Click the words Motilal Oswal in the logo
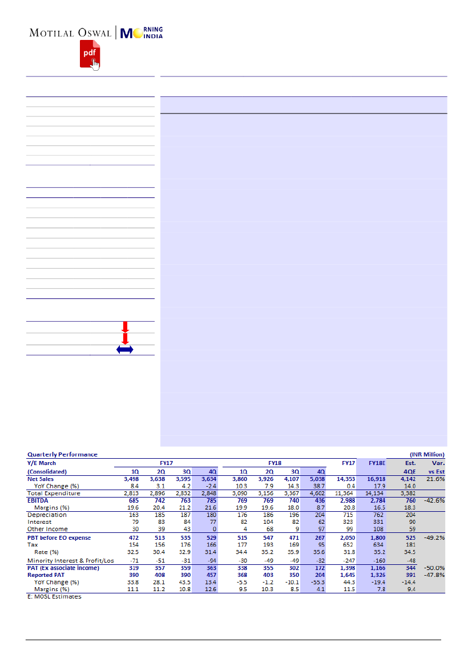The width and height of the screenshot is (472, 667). click(70, 33)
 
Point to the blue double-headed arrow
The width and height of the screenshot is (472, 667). click(125, 350)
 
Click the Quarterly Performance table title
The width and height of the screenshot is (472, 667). click(62, 455)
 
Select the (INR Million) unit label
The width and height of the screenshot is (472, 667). click(427, 455)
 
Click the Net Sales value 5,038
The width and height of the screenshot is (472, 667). click(316, 479)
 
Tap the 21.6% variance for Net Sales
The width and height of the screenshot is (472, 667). click(434, 479)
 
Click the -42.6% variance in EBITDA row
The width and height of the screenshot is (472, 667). click(434, 500)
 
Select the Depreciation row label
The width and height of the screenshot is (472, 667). click(46, 515)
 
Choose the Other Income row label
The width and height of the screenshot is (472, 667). click(48, 529)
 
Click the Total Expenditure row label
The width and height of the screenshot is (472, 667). click(54, 494)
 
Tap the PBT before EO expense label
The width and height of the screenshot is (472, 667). click(59, 538)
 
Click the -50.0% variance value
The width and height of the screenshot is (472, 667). click(434, 568)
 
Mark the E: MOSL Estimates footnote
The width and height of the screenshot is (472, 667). click(54, 597)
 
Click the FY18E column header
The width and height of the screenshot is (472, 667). click(377, 463)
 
